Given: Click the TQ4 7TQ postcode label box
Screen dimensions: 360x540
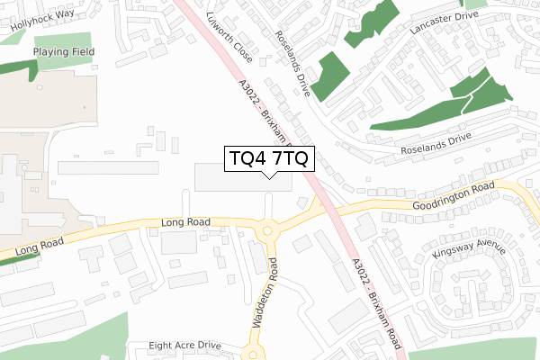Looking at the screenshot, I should [269, 158].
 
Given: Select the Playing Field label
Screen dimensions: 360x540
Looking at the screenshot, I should [64, 52].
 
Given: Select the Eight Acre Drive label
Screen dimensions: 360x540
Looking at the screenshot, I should [185, 345].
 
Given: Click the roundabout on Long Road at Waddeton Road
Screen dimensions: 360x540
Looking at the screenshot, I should [267, 232].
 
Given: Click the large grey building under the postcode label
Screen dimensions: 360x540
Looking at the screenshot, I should [243, 177].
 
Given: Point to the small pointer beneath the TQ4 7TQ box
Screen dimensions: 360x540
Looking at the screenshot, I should [269, 175].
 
